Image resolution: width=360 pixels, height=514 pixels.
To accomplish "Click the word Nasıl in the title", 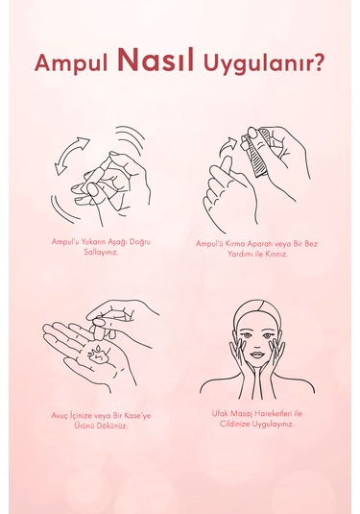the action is tap(156, 61).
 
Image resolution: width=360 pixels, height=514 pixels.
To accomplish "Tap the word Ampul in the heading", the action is tap(71, 62).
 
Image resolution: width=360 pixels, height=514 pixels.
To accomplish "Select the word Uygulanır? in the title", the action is tap(264, 63).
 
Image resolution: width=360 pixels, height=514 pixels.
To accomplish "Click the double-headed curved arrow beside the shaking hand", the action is tap(71, 155).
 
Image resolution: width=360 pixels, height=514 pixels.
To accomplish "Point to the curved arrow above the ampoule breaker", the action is tap(228, 146).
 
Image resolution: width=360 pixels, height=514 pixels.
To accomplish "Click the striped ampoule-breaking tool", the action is tap(259, 154).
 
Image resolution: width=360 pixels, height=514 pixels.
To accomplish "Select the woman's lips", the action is tap(257, 355).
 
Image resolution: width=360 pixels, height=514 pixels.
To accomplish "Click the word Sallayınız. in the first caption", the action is tap(101, 253).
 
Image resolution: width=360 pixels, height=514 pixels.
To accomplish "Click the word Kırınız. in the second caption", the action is tap(276, 254).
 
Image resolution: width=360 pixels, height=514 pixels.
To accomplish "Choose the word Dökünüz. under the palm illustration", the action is tap(113, 427).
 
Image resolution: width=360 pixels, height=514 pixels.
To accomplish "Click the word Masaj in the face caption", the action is tap(241, 414).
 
